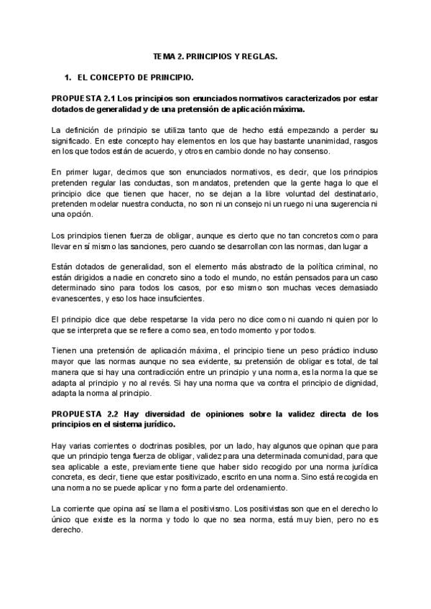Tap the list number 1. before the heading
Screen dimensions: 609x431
(x=68, y=75)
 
